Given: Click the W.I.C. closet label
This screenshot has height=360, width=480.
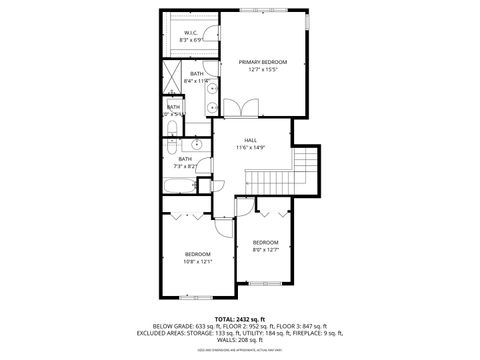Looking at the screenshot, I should click(192, 33).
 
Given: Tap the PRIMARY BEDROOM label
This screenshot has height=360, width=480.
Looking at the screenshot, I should click(262, 62).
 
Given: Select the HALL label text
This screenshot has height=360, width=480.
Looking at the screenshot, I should click(250, 140).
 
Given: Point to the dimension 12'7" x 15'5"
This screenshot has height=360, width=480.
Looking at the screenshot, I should click(262, 70).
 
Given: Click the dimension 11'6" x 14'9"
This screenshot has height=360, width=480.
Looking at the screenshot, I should click(250, 148).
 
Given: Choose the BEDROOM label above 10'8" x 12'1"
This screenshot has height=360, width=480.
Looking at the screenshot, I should click(198, 254).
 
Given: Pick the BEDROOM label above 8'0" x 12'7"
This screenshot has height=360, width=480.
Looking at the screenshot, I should click(265, 243).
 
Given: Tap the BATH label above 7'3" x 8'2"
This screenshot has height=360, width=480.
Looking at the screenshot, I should click(185, 158).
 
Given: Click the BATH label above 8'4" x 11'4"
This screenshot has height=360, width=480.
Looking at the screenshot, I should click(197, 73).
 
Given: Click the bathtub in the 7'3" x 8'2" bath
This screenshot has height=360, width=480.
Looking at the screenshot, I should click(181, 184).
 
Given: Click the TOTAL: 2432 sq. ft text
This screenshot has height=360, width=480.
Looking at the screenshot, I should click(240, 318).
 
